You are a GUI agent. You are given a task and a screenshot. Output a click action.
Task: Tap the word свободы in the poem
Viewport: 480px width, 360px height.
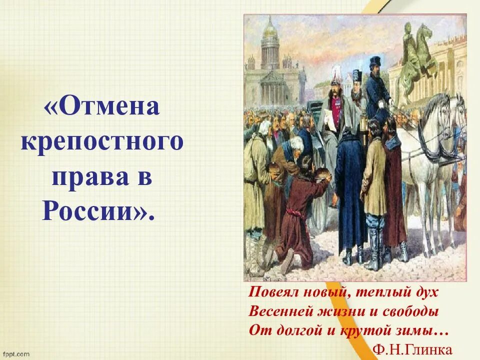click(x=413, y=311)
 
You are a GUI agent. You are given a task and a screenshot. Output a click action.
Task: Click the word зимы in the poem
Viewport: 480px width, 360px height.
click(x=424, y=330)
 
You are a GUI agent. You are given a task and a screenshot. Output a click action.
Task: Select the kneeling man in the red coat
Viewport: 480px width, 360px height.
click(x=300, y=210)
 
